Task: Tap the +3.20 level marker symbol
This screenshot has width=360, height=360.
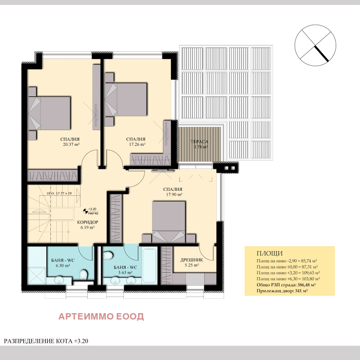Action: click(85, 211)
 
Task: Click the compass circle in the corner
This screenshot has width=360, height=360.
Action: click(315, 43)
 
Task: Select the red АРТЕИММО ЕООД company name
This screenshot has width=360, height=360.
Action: click(101, 317)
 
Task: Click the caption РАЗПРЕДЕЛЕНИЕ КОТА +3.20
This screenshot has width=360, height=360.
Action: click(46, 341)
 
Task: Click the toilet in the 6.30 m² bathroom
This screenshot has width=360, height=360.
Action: click(84, 274)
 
